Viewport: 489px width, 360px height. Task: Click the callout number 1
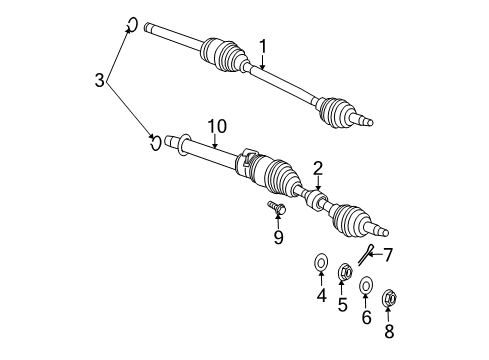(263, 45)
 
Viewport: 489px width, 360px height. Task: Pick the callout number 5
(342, 304)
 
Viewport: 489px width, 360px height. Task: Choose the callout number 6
(366, 317)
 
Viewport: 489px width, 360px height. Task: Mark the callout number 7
(387, 254)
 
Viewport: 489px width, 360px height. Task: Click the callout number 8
(389, 330)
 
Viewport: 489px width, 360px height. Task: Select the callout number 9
(278, 237)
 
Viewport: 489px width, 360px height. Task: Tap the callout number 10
(218, 126)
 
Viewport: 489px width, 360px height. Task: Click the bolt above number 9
(276, 209)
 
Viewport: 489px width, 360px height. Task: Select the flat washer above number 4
(322, 264)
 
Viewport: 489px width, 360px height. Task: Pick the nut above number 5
(344, 271)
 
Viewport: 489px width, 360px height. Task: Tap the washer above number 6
(366, 285)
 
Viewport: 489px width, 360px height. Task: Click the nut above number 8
(390, 296)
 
